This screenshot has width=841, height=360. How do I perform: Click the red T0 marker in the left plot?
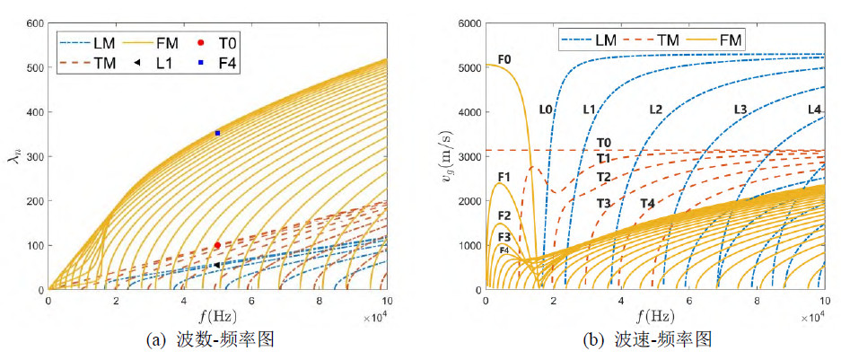217,245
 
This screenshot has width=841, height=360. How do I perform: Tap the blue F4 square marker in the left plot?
217,133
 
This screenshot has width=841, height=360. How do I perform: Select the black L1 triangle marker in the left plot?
217,265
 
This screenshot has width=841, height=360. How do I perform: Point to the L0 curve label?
546,110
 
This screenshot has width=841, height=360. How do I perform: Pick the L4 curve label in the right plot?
814,110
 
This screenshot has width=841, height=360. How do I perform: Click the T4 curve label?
647,204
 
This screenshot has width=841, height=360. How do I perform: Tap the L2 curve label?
655,110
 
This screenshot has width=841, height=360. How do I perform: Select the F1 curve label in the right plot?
504,177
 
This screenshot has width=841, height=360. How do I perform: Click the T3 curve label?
604,204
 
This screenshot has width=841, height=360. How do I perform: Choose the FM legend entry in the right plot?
719,40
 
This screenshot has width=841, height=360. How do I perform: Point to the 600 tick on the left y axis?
37,22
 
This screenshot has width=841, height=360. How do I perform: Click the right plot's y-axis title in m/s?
446,155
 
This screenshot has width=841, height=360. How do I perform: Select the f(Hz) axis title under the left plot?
217,316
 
